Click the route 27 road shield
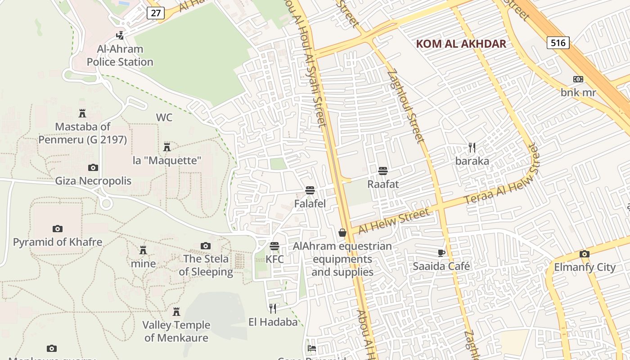pos(155,13)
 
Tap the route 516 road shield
pos(558,43)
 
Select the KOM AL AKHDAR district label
pos(461,44)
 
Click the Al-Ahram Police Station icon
pos(120,35)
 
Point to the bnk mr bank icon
pos(578,79)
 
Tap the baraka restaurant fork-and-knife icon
pos(472,147)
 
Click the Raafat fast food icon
pos(383,171)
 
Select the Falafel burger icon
pos(310,190)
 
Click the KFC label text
pos(274,260)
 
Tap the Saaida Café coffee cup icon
pos(441,253)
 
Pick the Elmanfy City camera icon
pos(584,254)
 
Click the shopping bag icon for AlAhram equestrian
pos(342,233)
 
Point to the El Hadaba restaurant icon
pos(273,308)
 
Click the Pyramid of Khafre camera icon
pos(57,229)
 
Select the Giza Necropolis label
pos(93,181)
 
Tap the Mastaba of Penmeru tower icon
pos(82,113)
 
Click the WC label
pos(164,117)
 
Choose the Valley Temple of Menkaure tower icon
pos(176,311)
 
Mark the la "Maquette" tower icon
pos(167,147)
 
